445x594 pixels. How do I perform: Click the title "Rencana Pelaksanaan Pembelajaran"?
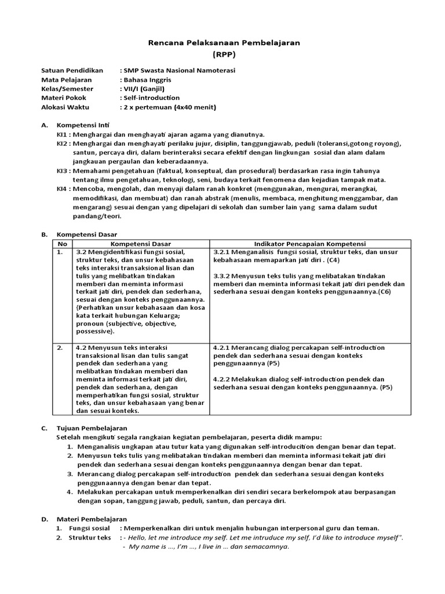tap(222, 43)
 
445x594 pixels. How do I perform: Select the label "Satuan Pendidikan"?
tap(72, 70)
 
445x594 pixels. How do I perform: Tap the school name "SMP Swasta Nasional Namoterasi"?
tap(179, 70)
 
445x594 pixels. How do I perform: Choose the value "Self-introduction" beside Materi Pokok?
tap(151, 98)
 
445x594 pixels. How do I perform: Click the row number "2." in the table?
tap(60, 347)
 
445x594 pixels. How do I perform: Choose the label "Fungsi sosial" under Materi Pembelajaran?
tap(89, 528)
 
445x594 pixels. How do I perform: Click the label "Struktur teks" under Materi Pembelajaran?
tap(90, 538)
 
